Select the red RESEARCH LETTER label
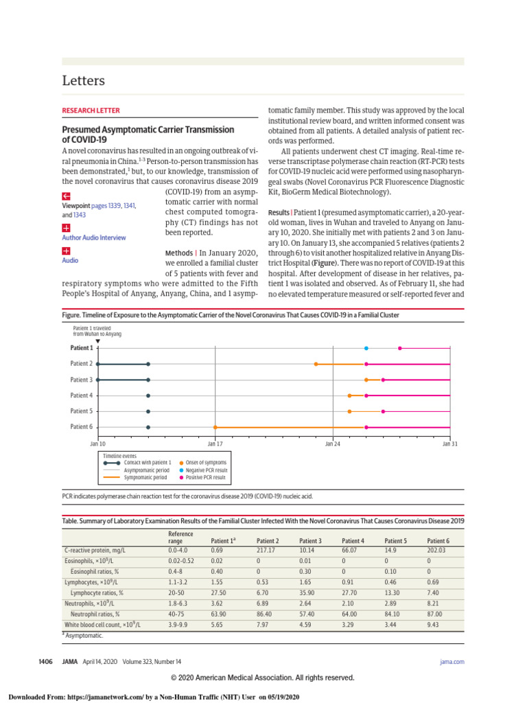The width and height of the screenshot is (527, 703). (x=91, y=110)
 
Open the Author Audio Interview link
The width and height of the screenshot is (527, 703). (x=94, y=238)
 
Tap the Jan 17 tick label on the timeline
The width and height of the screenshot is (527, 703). (x=215, y=443)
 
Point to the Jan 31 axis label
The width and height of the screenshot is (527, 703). (x=450, y=443)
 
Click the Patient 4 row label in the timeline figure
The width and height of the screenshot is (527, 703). (x=82, y=395)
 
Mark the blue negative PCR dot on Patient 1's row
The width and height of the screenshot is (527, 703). (x=366, y=348)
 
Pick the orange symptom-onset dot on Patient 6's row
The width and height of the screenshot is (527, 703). (x=215, y=427)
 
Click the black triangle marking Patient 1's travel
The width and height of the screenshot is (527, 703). (x=98, y=341)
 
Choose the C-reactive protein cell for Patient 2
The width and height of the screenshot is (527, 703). (x=266, y=551)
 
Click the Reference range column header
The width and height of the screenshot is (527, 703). (x=180, y=538)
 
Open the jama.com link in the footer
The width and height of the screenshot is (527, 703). (x=452, y=661)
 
